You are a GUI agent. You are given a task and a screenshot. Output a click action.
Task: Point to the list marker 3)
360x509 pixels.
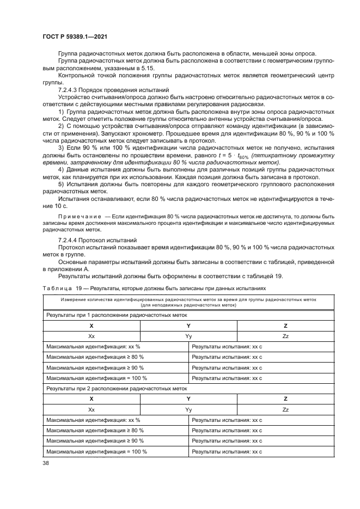[x=61, y=148]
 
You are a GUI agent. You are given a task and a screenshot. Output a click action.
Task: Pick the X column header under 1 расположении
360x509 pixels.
[x=91, y=326]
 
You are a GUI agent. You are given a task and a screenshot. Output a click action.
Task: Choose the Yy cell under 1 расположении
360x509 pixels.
[x=188, y=336]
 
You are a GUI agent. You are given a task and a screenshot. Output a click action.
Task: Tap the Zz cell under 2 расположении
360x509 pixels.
[x=285, y=409]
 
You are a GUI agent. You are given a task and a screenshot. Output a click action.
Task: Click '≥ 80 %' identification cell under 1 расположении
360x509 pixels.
[x=95, y=357]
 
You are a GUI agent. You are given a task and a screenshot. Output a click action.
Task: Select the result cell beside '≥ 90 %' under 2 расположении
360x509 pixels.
[x=227, y=440]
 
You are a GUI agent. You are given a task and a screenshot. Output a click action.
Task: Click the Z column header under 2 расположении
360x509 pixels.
[x=285, y=399]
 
